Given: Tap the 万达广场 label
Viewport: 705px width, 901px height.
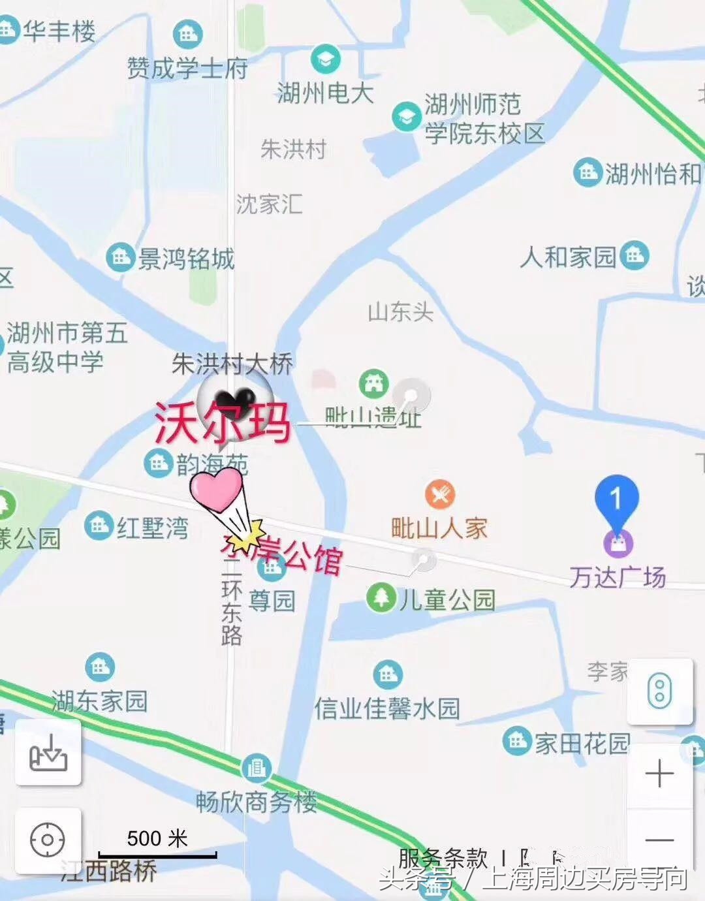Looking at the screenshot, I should (617, 577).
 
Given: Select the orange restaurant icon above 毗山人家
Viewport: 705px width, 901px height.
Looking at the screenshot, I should (440, 494).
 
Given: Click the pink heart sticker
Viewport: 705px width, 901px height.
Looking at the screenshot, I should (216, 490).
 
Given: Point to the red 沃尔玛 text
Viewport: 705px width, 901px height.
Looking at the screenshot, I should (222, 423).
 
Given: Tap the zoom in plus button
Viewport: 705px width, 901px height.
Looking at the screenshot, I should (659, 774).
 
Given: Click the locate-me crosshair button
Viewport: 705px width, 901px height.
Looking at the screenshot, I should (48, 840).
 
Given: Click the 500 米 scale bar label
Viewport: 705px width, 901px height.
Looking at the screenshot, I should (157, 838).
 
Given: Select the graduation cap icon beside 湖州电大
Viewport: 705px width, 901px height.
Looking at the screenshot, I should (325, 59).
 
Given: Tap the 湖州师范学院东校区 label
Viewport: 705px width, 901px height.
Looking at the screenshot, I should (484, 119).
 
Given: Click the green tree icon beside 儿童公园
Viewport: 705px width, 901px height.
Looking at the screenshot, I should (381, 597).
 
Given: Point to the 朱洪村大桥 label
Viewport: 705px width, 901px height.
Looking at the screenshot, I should (232, 364).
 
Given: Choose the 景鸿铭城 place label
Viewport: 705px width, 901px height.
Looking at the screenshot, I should (185, 259).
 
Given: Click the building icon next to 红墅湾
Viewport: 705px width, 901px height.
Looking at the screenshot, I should (99, 525).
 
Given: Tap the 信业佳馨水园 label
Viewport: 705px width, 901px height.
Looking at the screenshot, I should (387, 708).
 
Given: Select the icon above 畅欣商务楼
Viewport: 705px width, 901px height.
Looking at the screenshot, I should (257, 768).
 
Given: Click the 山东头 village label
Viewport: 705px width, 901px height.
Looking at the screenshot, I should (400, 312).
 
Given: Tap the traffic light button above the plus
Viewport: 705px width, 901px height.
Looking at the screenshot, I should (659, 691).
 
